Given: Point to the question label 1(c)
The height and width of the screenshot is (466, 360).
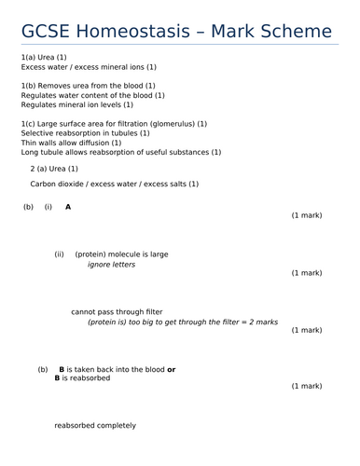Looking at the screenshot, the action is click(x=29, y=123).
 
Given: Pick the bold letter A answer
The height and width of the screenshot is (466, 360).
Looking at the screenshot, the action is click(x=68, y=207).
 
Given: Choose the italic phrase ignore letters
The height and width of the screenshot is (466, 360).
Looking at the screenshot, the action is click(x=111, y=265).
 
